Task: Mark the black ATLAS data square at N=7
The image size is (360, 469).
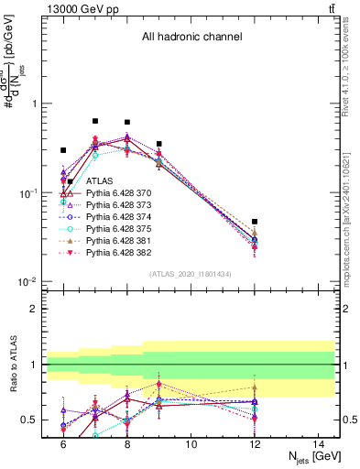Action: tap(95, 121)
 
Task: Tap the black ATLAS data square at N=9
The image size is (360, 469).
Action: tap(159, 144)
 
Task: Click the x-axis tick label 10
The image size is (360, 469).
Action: tap(191, 444)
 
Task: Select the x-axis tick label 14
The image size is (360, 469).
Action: tap(319, 444)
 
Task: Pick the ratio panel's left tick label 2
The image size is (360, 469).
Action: tap(34, 309)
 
